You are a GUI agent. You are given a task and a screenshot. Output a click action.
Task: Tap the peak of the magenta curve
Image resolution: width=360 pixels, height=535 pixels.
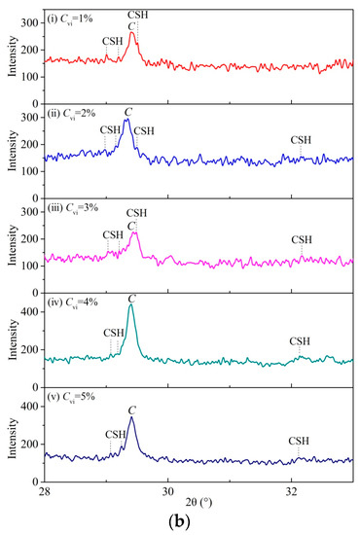(x=135, y=232)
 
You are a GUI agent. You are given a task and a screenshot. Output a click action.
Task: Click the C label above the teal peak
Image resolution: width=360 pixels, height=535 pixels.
(x=131, y=296)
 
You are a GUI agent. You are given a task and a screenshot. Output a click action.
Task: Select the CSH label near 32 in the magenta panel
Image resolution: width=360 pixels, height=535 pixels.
(x=302, y=239)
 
